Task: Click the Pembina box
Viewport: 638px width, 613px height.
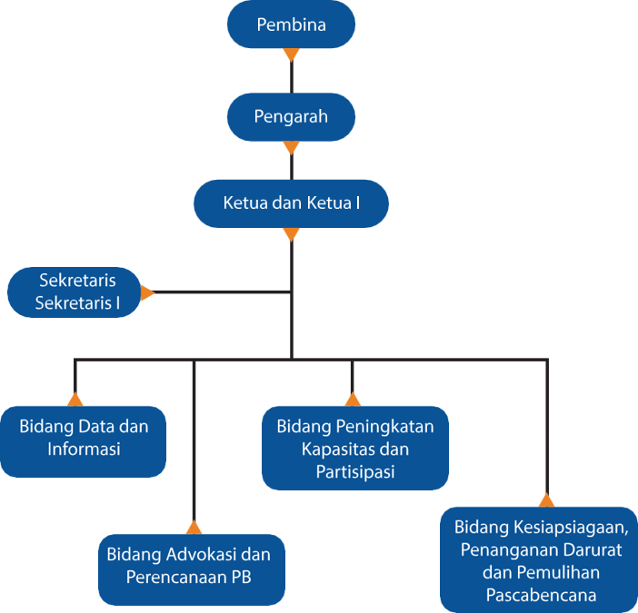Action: coord(291,24)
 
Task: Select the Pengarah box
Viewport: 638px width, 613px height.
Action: coord(291,116)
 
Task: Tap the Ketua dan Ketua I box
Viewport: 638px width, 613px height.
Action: coord(291,203)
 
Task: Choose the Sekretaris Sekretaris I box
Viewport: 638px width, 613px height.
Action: coord(76,292)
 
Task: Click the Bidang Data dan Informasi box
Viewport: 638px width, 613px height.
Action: coord(85,438)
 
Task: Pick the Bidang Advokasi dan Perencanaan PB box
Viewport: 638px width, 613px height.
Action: coord(191,567)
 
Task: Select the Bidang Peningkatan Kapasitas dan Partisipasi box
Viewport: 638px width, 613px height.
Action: coord(355,449)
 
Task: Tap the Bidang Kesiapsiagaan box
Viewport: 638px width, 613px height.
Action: coord(539,561)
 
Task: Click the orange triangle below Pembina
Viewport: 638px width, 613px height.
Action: coord(291,54)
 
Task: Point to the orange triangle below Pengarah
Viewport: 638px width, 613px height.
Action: coord(291,147)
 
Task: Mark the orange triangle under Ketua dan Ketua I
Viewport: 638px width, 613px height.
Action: coord(291,234)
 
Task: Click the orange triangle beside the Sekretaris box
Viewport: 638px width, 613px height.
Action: coord(148,292)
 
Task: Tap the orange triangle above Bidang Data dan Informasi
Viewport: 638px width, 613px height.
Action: coord(75,399)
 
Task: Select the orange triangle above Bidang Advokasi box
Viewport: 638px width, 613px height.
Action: coord(194,527)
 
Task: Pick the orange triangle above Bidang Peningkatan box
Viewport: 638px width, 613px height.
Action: coord(353,399)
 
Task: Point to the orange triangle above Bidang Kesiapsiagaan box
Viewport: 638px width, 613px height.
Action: coord(546,499)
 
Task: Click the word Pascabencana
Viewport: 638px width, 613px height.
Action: coord(540,597)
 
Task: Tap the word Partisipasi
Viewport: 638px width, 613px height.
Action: coord(356,472)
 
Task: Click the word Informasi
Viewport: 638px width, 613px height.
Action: coord(85,449)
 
